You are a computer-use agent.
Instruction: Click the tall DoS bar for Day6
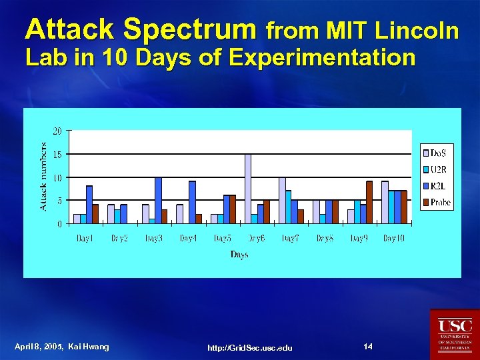(248, 189)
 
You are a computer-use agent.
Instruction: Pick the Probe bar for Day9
(369, 202)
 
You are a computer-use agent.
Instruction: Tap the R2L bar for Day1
(89, 204)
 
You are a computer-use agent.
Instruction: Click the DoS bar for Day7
(282, 200)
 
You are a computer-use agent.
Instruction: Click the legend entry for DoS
(437, 153)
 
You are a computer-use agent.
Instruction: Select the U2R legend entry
(437, 169)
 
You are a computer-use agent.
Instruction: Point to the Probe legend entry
(437, 201)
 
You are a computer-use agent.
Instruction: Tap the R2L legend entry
(437, 185)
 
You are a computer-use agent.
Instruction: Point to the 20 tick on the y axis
(58, 131)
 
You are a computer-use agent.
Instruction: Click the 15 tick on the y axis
(58, 155)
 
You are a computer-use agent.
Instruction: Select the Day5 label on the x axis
(222, 238)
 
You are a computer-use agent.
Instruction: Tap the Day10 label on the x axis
(393, 238)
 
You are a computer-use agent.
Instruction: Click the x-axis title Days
(239, 254)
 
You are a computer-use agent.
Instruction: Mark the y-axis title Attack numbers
(43, 176)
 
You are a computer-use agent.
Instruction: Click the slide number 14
(368, 346)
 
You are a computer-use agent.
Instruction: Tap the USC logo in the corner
(455, 333)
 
